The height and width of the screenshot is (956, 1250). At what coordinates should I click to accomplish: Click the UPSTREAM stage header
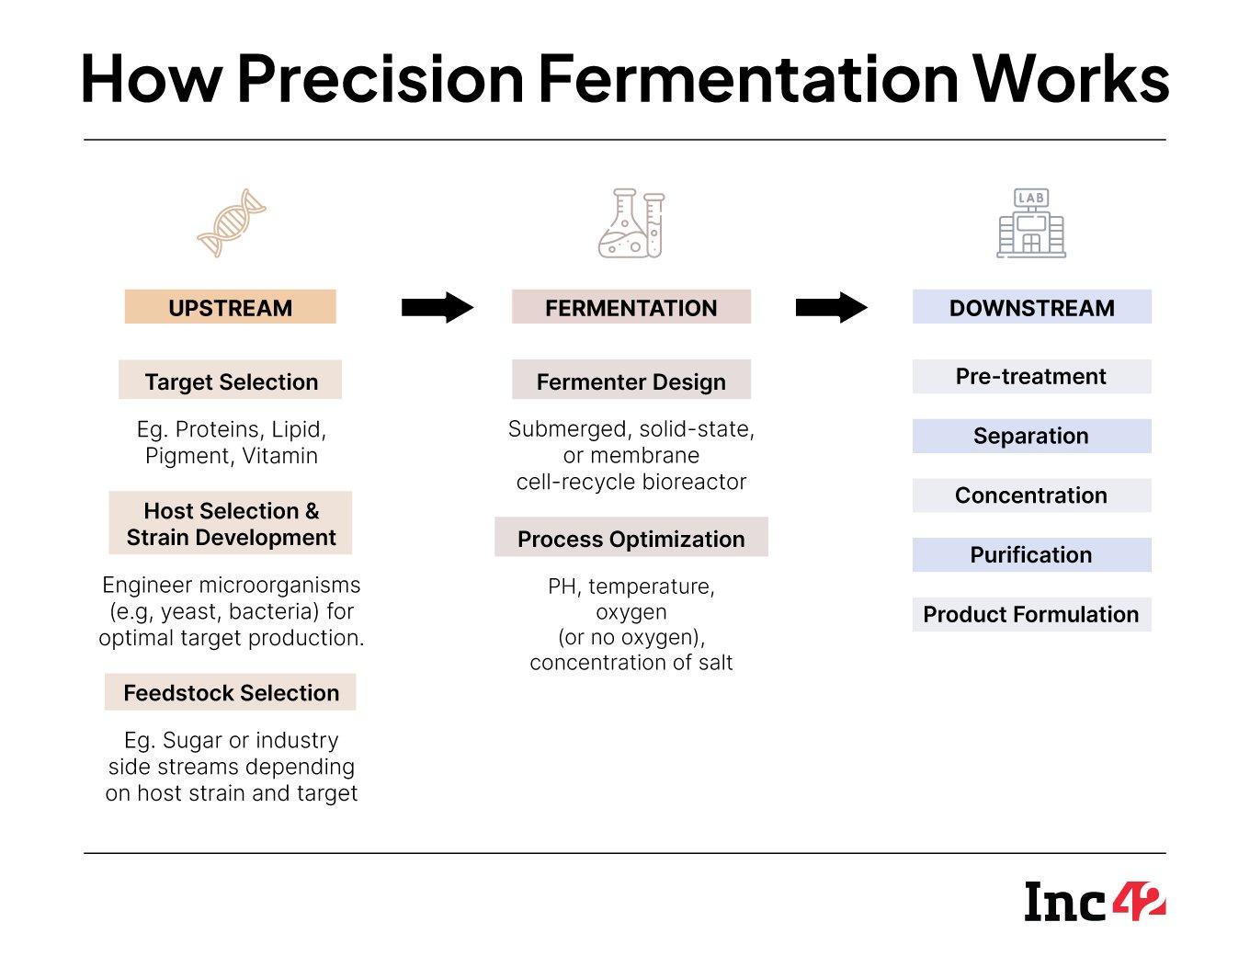(230, 307)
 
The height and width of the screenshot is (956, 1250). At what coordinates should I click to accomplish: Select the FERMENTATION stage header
(631, 307)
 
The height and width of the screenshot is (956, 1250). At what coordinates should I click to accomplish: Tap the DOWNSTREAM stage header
(1031, 307)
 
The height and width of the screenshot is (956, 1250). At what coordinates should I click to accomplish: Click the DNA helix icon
(232, 223)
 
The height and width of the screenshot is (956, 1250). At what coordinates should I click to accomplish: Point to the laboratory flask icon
(631, 223)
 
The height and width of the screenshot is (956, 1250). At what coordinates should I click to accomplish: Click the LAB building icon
(1031, 223)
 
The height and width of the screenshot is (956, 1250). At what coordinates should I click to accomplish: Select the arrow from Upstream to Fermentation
(437, 307)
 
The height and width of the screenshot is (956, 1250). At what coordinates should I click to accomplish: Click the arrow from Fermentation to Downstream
(831, 307)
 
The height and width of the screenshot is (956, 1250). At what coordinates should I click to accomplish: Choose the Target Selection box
(230, 381)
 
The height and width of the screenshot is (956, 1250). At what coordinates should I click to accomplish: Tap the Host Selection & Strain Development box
(230, 523)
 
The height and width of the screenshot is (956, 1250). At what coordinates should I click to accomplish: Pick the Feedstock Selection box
(230, 692)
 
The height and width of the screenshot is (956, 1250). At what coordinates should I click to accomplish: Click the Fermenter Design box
(631, 381)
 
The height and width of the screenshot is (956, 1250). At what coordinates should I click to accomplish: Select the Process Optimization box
(631, 538)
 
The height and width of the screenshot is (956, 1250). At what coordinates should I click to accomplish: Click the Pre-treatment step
(1031, 376)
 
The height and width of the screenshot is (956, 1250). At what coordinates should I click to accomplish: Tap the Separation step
(1031, 436)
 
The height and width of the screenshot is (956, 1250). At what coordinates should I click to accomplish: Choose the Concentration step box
(1031, 495)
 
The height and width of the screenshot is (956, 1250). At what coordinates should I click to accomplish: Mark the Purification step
(1031, 554)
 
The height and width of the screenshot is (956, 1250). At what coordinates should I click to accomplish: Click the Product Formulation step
(1031, 614)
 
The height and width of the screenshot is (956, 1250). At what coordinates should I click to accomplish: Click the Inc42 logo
(1095, 902)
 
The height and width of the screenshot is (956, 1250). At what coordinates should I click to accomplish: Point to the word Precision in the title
(380, 78)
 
